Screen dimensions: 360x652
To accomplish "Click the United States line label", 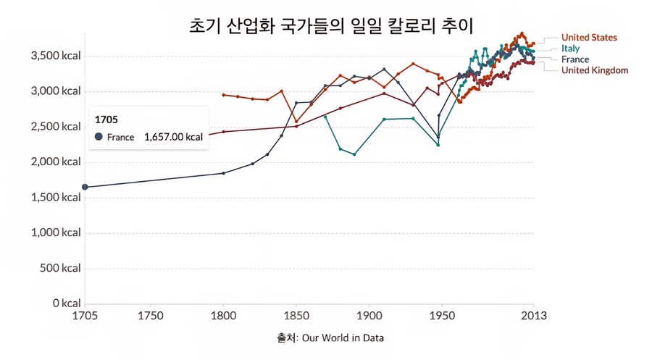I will click(x=589, y=37).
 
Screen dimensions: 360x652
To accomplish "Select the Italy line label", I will click(x=570, y=48).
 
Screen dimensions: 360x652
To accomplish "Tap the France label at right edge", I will click(x=575, y=59).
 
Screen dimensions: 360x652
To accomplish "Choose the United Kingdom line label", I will click(x=594, y=70).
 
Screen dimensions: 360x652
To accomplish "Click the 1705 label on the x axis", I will click(x=85, y=317).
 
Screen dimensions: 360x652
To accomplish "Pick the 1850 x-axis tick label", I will click(x=296, y=317).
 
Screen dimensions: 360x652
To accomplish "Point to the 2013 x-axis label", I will click(x=534, y=317).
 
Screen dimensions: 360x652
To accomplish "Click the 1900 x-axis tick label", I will click(x=369, y=317).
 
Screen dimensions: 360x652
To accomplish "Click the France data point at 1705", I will click(x=85, y=187).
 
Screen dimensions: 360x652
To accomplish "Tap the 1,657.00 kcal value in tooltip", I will click(x=173, y=137).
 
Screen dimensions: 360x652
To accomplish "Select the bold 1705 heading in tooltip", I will click(x=106, y=119).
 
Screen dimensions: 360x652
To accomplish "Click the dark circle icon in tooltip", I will click(x=99, y=137).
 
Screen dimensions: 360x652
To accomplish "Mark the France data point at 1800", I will click(x=223, y=173).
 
